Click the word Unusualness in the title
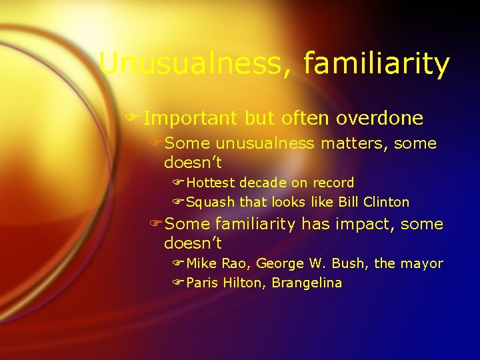pos(194,65)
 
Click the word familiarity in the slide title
pos(376,65)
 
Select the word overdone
pos(379,119)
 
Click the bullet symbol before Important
pos(135,119)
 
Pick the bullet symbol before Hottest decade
pos(178,183)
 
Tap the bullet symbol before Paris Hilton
pos(178,283)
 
